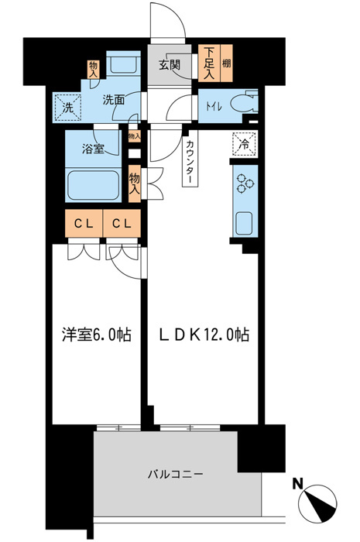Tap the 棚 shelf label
click(x=226, y=63)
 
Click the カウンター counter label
click(x=189, y=163)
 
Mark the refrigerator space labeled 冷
click(x=243, y=143)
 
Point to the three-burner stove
click(x=244, y=184)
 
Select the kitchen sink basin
click(x=243, y=221)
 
